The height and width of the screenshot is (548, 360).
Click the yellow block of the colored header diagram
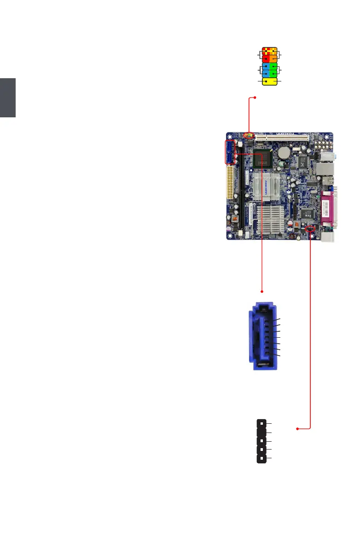point(269,81)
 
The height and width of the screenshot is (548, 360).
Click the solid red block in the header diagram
point(266,58)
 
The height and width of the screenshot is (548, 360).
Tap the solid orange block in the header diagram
point(273,58)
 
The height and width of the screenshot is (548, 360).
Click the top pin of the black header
point(261,422)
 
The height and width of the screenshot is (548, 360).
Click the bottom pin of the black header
point(261,459)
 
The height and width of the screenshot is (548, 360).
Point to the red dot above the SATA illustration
point(262,291)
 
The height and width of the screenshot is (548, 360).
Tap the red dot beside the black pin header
point(297,429)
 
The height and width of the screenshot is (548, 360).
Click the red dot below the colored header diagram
point(255,98)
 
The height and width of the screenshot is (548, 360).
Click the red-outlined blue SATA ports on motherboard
point(230,152)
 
